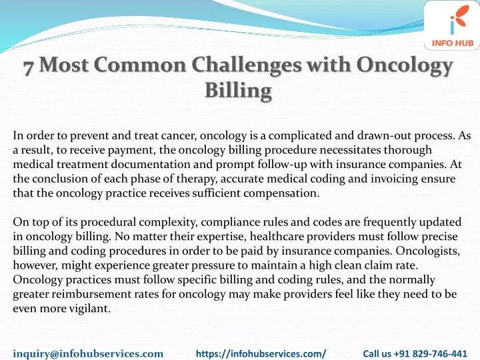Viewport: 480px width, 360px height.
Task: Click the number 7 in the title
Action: pyautogui.click(x=28, y=67)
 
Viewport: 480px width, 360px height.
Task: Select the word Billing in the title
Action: pyautogui.click(x=238, y=91)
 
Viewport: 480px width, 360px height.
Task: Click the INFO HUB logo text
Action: pyautogui.click(x=453, y=43)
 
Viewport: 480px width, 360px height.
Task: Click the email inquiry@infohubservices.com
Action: pyautogui.click(x=88, y=353)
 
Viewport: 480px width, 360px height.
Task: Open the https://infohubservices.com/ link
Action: pyautogui.click(x=261, y=353)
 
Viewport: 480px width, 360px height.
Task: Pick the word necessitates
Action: pyautogui.click(x=350, y=150)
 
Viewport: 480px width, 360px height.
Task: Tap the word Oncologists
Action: pyautogui.click(x=427, y=251)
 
